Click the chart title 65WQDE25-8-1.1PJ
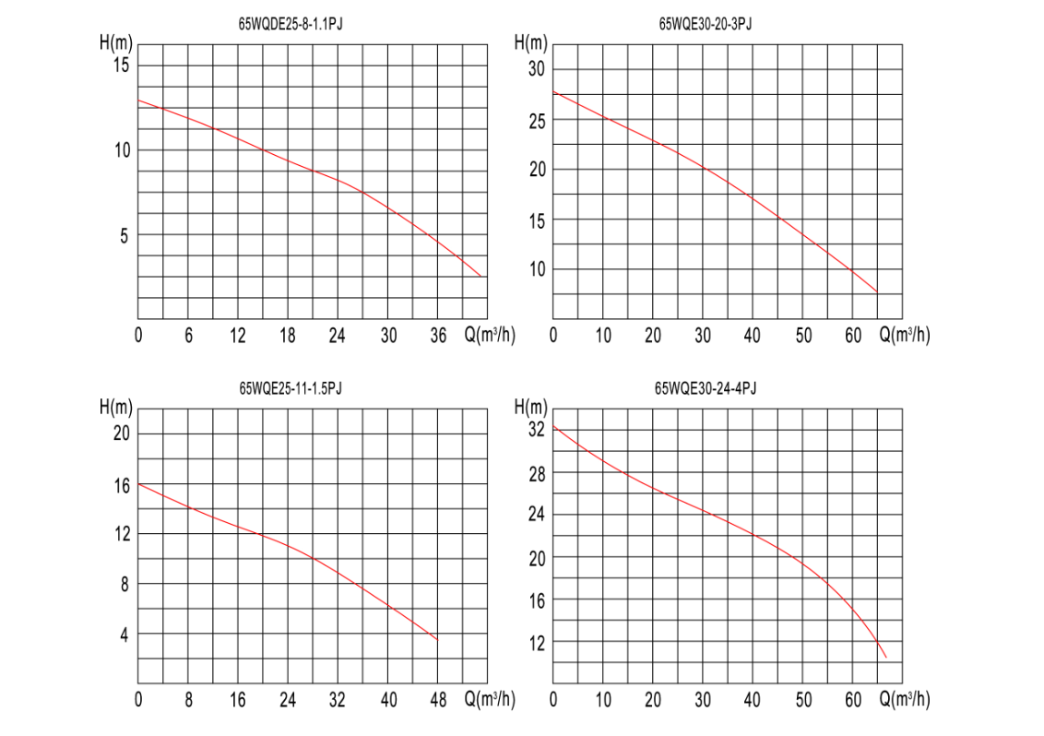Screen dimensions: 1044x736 click(291, 25)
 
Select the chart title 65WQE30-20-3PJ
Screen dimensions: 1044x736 click(706, 25)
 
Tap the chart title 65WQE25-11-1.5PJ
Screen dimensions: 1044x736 click(291, 388)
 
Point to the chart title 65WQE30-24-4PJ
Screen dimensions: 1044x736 click(706, 388)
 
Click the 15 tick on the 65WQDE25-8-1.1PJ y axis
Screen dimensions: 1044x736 click(121, 65)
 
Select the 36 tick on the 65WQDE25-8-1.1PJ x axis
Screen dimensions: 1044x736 click(437, 335)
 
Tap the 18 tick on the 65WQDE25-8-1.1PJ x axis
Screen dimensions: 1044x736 click(287, 335)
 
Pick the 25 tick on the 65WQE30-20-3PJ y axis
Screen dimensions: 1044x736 click(537, 121)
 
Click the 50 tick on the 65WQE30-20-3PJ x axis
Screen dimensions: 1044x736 click(803, 335)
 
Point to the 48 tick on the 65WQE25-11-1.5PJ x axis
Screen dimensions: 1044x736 click(437, 699)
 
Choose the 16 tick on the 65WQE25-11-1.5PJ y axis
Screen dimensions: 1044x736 click(122, 485)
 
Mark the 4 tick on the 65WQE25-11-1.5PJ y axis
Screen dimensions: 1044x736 click(125, 635)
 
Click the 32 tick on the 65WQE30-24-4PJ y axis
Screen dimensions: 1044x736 click(536, 430)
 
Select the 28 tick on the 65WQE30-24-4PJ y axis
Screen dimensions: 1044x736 click(536, 474)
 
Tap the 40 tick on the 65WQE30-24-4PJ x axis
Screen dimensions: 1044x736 click(752, 699)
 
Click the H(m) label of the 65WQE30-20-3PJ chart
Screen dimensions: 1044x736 click(530, 42)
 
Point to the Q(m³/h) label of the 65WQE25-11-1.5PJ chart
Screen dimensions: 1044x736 click(490, 698)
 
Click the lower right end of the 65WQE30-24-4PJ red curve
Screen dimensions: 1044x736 click(886, 658)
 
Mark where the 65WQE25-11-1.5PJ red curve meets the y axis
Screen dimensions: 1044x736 click(138, 484)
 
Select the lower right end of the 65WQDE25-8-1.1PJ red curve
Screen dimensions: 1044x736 click(480, 276)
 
